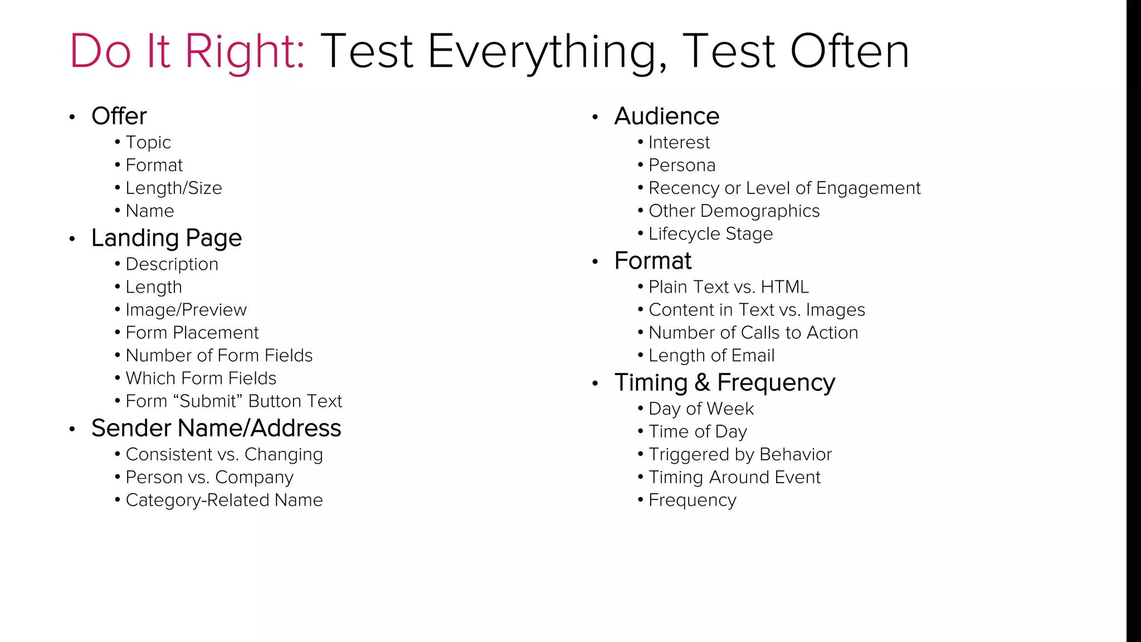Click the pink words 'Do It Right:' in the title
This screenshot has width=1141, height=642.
point(187,51)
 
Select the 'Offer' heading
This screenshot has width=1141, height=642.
point(119,116)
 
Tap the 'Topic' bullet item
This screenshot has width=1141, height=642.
point(148,143)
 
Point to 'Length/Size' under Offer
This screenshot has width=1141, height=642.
point(173,188)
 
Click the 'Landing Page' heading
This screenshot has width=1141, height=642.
point(166,238)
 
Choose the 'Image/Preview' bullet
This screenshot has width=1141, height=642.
point(186,310)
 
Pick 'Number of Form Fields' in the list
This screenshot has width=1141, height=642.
point(219,356)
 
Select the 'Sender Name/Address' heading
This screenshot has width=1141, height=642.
point(216,429)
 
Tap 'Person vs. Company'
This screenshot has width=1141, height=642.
point(209,478)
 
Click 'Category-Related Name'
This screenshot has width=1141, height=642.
point(224,500)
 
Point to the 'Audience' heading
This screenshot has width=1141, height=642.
point(667,116)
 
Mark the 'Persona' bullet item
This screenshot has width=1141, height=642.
point(682,166)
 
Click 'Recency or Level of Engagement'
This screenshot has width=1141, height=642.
point(784,188)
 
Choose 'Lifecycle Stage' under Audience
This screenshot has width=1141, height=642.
point(710,234)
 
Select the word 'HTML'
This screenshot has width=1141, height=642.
point(784,287)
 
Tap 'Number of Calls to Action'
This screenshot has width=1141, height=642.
point(753,333)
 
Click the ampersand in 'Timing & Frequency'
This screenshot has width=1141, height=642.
point(702,383)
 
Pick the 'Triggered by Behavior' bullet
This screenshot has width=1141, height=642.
point(740,455)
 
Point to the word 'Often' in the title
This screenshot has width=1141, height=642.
point(850,51)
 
